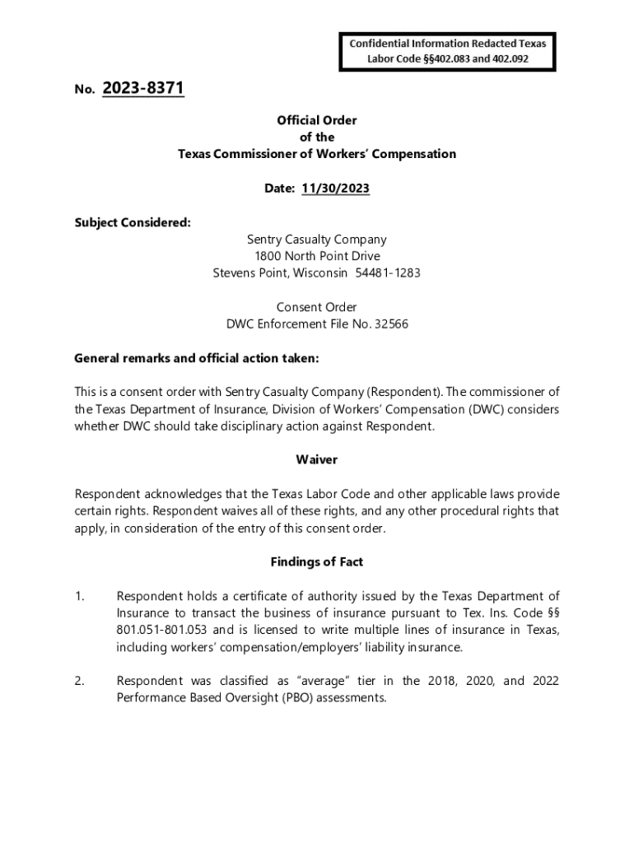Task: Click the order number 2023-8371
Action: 143,88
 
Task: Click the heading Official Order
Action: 317,120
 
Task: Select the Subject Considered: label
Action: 133,222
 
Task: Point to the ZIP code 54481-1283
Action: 388,272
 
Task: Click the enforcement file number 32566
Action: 391,324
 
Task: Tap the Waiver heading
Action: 317,459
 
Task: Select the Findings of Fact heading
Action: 317,562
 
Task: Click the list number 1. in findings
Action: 80,596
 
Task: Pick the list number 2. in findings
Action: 80,681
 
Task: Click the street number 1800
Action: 268,256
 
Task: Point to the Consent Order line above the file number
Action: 317,307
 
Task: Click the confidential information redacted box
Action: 448,51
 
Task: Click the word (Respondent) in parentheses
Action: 404,393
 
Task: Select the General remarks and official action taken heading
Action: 197,358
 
